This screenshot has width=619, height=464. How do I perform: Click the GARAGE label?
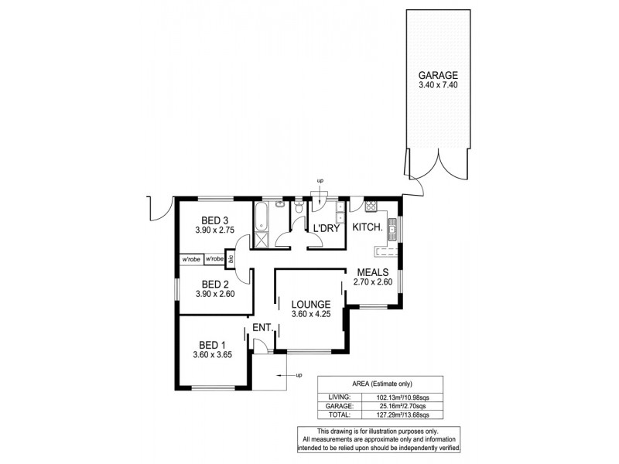coord(439,75)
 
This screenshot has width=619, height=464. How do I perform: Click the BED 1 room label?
coord(213,345)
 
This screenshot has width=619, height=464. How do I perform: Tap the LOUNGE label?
coord(313,304)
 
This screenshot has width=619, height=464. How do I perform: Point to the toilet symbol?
coord(298,207)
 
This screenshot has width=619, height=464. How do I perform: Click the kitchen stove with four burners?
coord(370,206)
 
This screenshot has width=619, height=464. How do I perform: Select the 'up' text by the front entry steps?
coord(298,376)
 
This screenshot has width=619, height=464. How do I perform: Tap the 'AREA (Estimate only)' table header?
coord(380,383)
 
